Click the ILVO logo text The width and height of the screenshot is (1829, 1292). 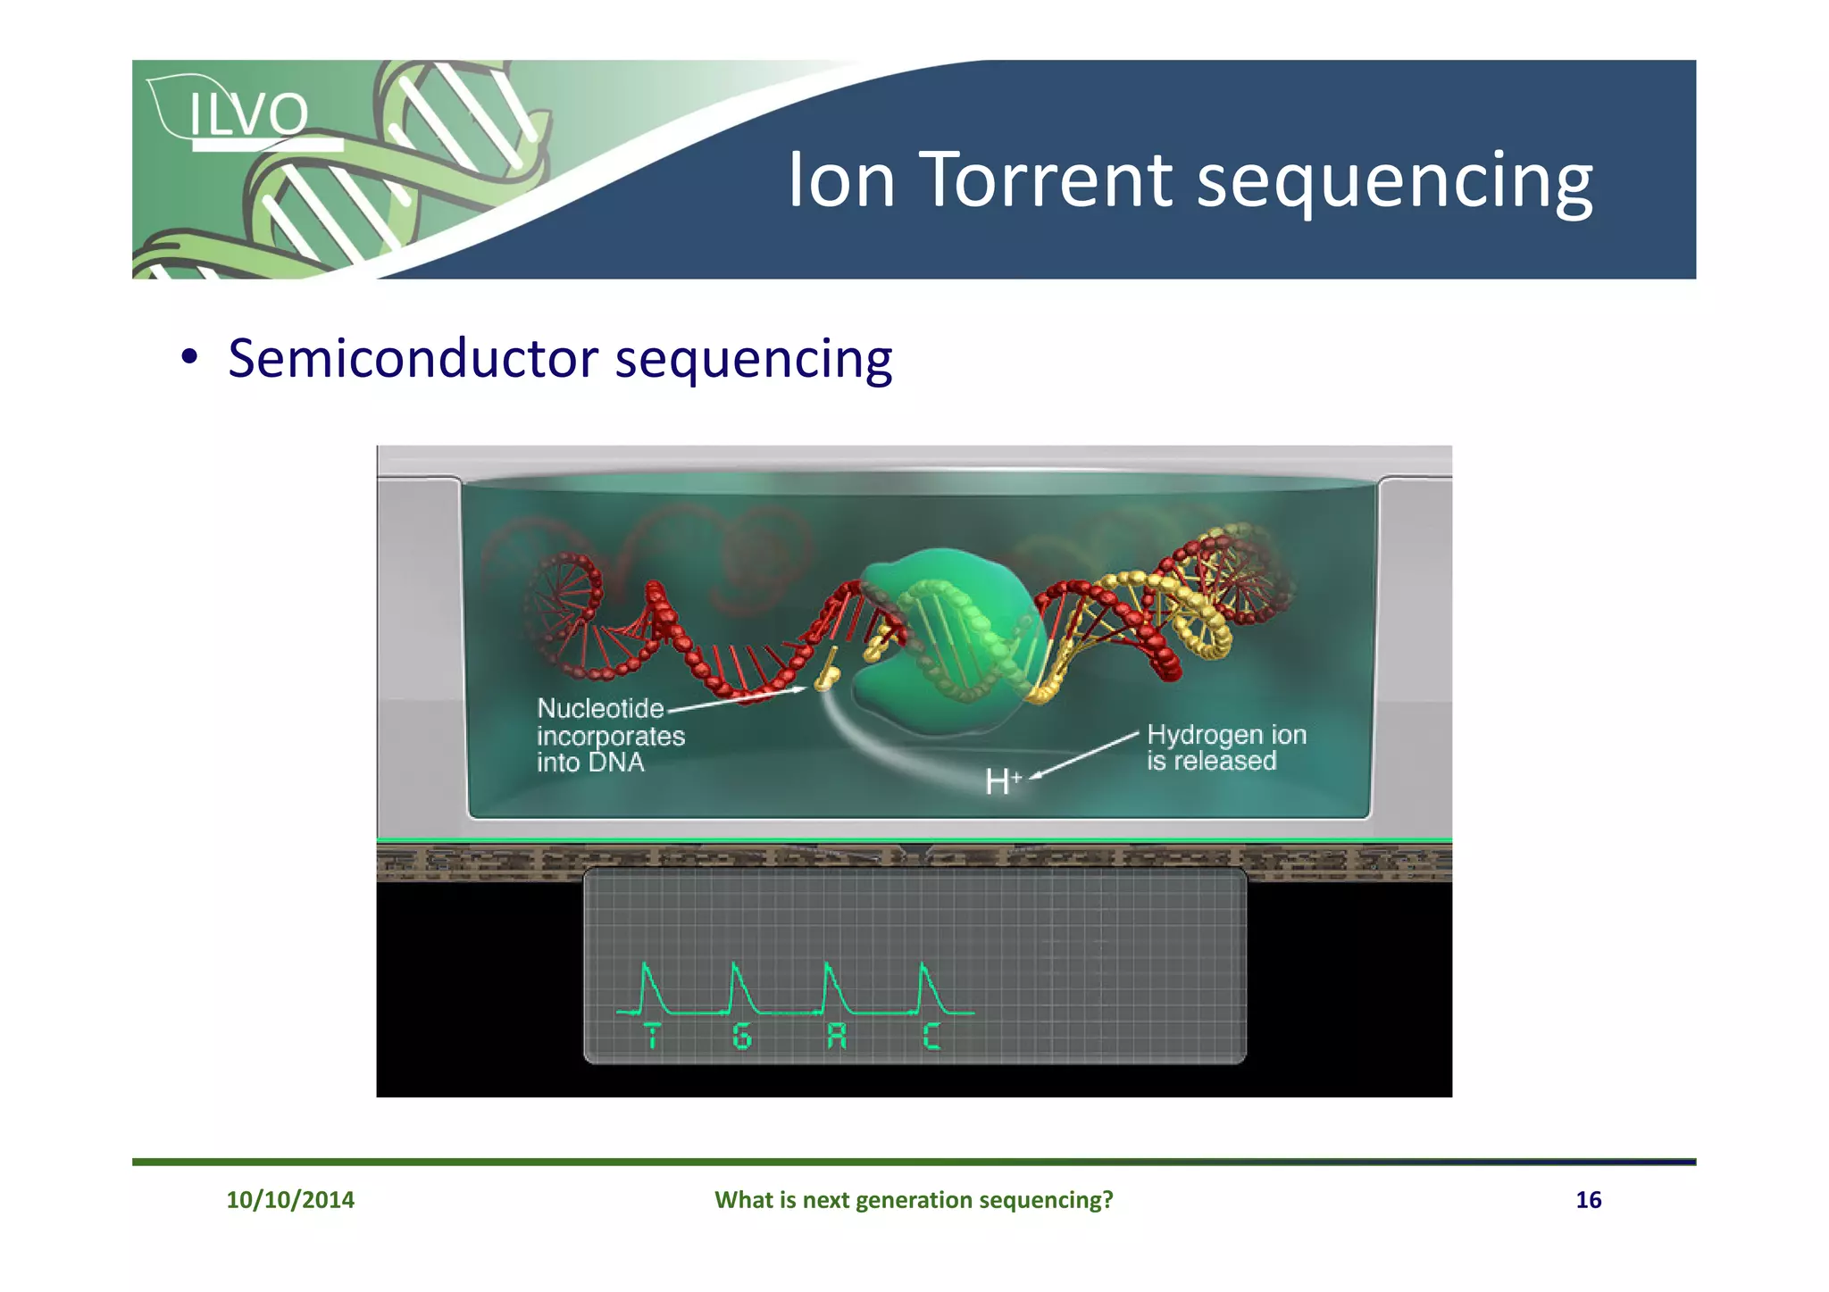pyautogui.click(x=248, y=114)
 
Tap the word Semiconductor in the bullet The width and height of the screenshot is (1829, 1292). pyautogui.click(x=413, y=359)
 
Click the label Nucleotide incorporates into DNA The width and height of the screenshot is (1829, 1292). pyautogui.click(x=610, y=736)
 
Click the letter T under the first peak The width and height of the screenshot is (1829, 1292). pyautogui.click(x=652, y=1037)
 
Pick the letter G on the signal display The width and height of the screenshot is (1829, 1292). pyautogui.click(x=741, y=1037)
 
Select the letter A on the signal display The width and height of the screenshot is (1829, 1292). pyautogui.click(x=836, y=1037)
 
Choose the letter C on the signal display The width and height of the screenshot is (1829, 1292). pyautogui.click(x=931, y=1037)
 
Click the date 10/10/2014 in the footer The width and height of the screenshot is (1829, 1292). pyautogui.click(x=289, y=1199)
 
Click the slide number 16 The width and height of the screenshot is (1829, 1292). pyautogui.click(x=1587, y=1199)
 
